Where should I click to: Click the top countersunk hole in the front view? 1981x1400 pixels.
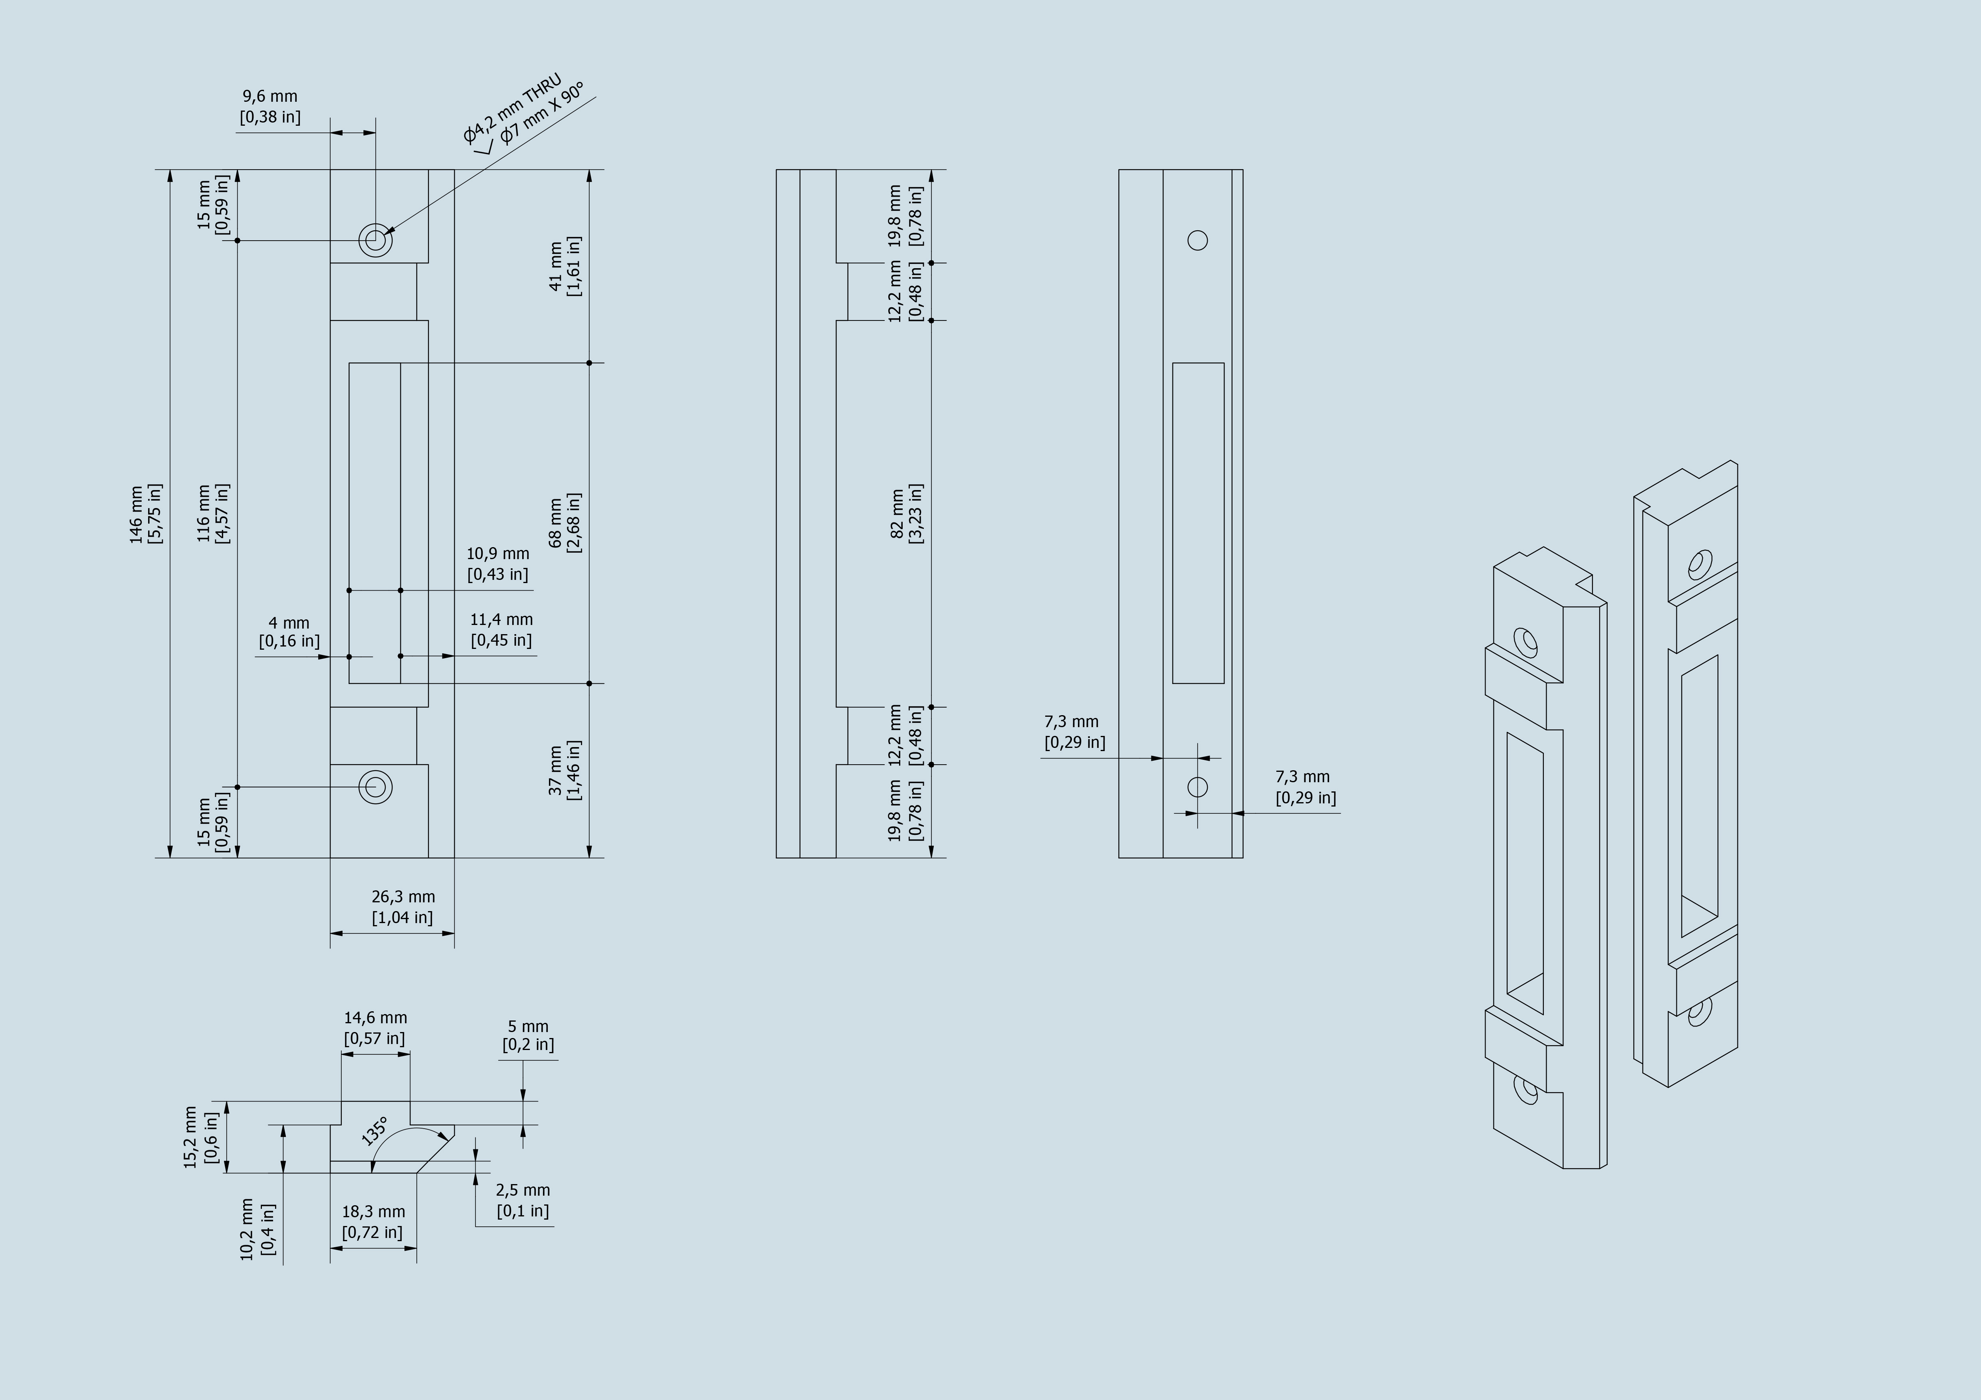[x=375, y=240]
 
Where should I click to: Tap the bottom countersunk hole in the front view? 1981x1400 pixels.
[x=375, y=787]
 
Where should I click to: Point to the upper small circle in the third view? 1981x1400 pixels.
[x=1198, y=240]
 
